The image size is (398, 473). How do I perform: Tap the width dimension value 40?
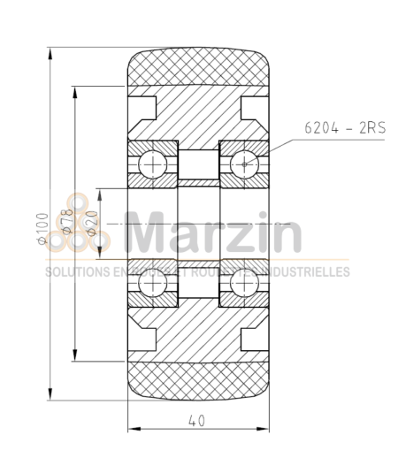(197, 422)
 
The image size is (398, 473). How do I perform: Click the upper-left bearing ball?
(152, 164)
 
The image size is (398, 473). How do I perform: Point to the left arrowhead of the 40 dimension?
(134, 431)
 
